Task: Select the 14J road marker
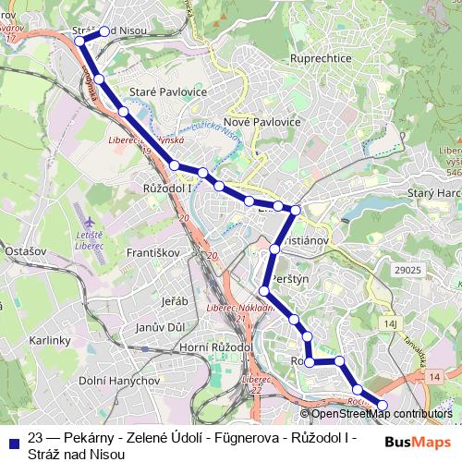click(x=389, y=324)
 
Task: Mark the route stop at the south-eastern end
click(x=383, y=405)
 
